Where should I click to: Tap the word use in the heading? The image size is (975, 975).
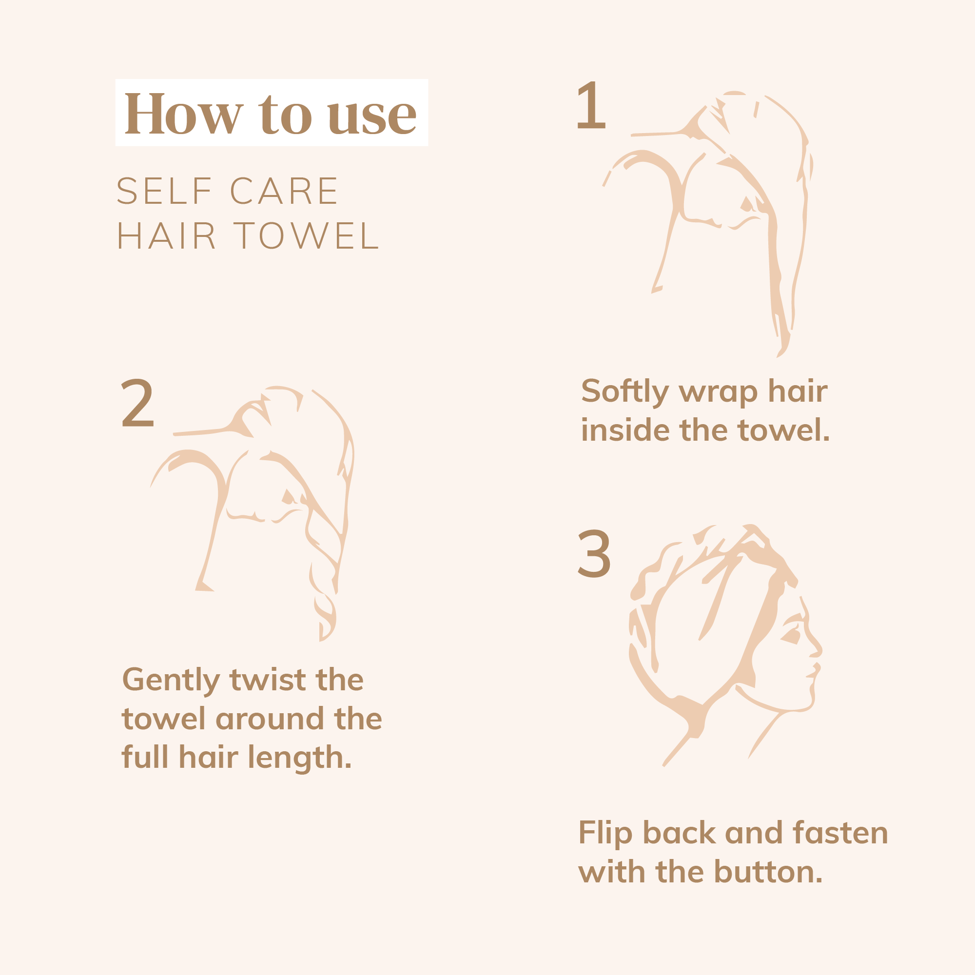[x=372, y=116]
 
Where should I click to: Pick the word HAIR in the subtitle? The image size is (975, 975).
[x=167, y=235]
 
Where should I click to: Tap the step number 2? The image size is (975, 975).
[x=137, y=403]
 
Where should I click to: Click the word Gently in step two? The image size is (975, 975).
[x=171, y=680]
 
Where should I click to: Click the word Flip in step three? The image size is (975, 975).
[x=604, y=833]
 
